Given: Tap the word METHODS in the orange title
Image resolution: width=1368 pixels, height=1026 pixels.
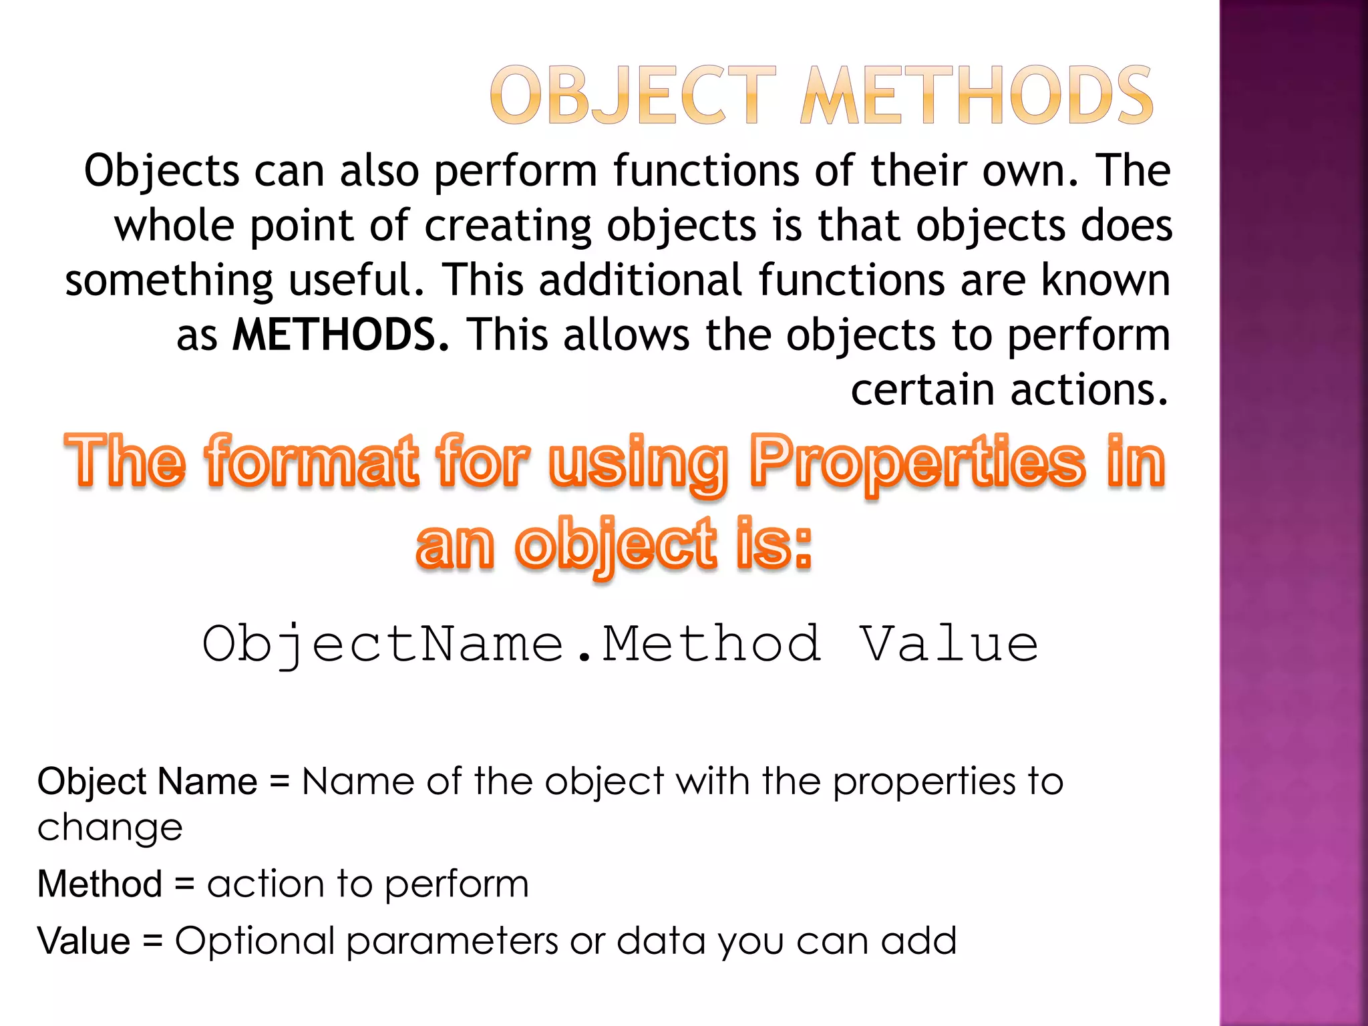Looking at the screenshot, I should pos(977,96).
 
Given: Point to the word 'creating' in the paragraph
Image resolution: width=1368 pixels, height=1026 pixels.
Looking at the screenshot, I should pos(508,225).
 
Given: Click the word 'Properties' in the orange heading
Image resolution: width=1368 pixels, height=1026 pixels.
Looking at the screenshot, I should pos(916,462).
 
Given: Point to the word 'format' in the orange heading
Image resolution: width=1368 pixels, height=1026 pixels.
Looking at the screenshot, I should pos(313,462).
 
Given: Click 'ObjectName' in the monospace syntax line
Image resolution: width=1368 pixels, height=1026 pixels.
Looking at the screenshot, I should pos(383,645).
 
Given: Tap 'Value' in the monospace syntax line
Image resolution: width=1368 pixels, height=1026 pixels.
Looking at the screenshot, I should pos(949,645).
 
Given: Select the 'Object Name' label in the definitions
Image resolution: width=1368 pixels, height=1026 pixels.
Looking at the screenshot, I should pos(147,782).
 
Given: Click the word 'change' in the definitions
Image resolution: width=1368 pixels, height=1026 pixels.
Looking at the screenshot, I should pos(110,828).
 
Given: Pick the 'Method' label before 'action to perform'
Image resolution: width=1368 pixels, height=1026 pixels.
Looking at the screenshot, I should pos(100,884).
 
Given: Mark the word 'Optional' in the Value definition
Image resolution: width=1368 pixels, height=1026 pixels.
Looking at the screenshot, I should pos(254,942).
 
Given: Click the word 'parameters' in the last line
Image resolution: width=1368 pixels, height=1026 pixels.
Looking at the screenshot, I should pos(452,942).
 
